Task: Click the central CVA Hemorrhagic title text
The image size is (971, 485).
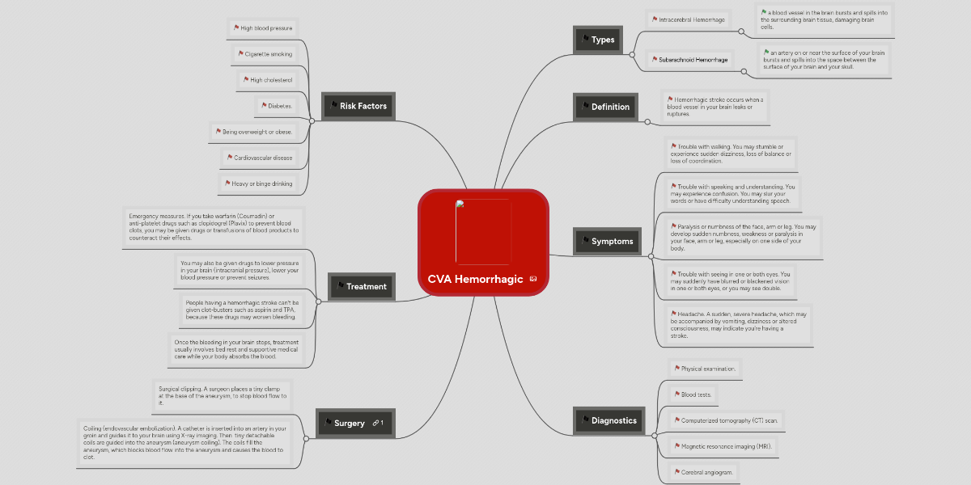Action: click(x=476, y=279)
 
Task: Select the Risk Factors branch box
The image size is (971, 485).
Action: click(x=357, y=106)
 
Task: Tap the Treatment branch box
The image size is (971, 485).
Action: click(x=361, y=286)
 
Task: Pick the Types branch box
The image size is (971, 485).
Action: click(x=598, y=40)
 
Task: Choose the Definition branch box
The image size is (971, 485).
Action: click(x=604, y=107)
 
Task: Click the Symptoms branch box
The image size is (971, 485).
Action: click(x=606, y=241)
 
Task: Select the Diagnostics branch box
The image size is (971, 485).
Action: click(x=608, y=420)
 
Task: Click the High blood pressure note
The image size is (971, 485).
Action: click(x=263, y=28)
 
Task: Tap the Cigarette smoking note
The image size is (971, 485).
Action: click(x=265, y=54)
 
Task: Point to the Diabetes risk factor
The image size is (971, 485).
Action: click(x=276, y=106)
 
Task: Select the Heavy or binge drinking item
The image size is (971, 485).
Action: click(x=258, y=184)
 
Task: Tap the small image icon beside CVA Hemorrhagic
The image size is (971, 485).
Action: click(x=533, y=279)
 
